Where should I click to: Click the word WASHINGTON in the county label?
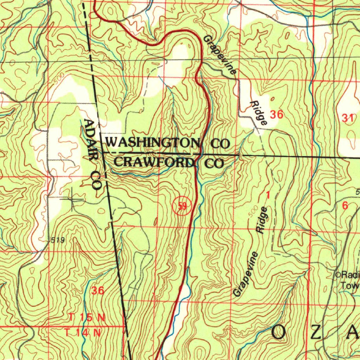pyautogui.click(x=153, y=143)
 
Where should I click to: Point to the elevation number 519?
pyautogui.click(x=57, y=240)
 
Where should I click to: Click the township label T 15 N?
pyautogui.click(x=86, y=317)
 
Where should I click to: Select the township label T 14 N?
pyautogui.click(x=83, y=332)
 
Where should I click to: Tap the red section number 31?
pyautogui.click(x=348, y=118)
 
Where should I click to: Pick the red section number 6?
pyautogui.click(x=345, y=206)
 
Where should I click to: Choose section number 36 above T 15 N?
pyautogui.click(x=98, y=291)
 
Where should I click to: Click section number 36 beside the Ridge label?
pyautogui.click(x=276, y=114)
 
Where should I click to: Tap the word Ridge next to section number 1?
pyautogui.click(x=262, y=220)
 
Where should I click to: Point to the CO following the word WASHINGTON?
pyautogui.click(x=220, y=143)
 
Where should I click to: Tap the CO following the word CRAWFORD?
pyautogui.click(x=214, y=163)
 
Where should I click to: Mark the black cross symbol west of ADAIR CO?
pyautogui.click(x=72, y=200)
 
